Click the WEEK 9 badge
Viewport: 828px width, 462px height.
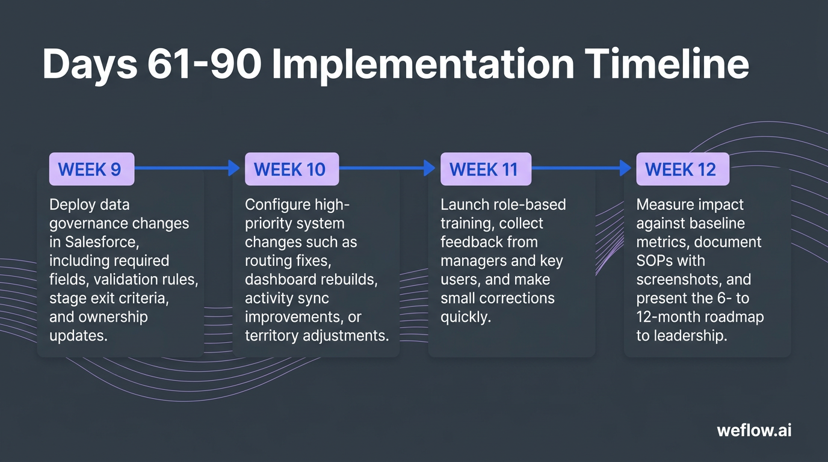pos(91,169)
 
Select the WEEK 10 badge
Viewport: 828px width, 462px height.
pos(291,169)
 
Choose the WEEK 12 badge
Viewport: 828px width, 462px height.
pos(682,169)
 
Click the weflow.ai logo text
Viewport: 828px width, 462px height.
pos(754,431)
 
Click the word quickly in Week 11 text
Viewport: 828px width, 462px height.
pos(466,316)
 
